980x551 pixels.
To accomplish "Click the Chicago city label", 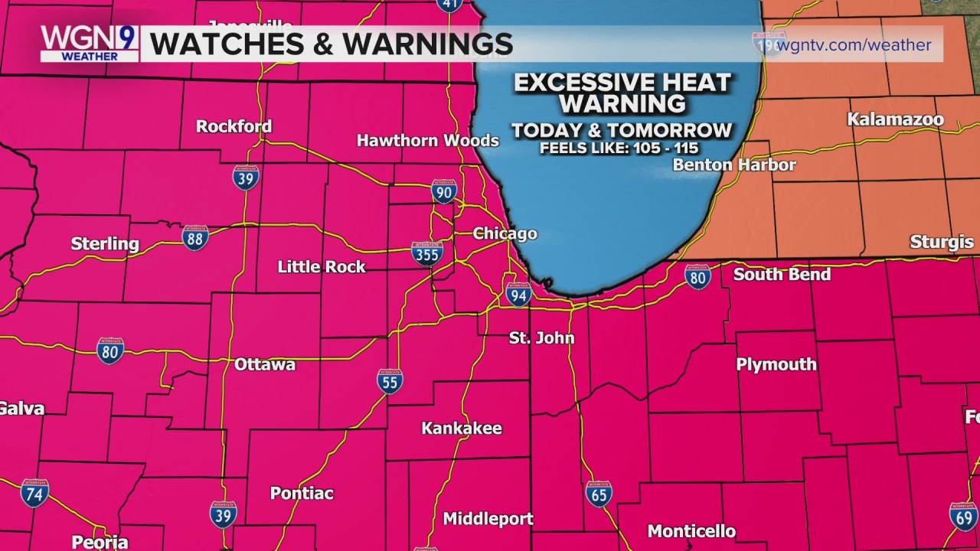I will coord(505,234).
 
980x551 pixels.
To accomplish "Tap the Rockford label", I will coord(234,126).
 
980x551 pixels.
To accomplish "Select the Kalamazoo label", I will coord(895,120).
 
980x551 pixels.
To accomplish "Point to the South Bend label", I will coord(782,274).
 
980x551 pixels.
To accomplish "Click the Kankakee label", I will coord(462,429).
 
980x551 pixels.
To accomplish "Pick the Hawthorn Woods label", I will coord(428,140).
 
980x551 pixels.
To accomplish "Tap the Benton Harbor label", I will coord(734,165).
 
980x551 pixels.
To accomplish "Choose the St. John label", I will coord(541,337).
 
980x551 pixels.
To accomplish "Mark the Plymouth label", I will coord(776,364).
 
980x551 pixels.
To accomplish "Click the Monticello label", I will coord(691,530).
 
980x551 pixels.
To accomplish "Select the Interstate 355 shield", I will coord(426,254).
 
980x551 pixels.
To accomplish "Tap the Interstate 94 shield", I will coord(518,294).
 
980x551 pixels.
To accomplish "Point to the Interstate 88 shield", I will coord(196,238).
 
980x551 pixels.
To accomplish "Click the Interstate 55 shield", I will coord(390,380).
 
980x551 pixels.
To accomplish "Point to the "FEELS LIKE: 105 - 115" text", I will coord(619,148).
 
